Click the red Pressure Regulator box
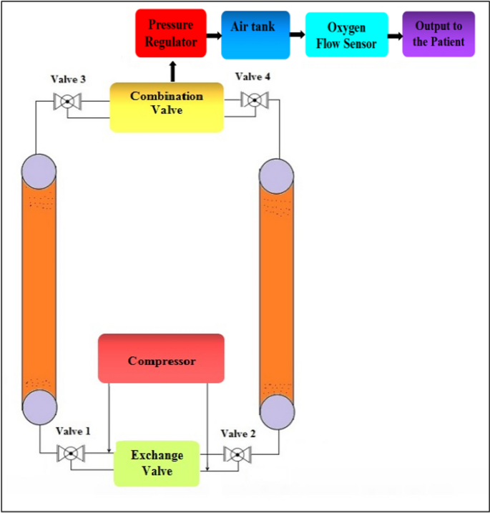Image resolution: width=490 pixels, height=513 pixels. (171, 34)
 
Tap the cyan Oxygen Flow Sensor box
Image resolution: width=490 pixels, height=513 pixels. (347, 35)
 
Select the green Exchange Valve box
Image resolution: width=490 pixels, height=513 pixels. (157, 464)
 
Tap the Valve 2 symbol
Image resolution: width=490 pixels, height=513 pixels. (234, 454)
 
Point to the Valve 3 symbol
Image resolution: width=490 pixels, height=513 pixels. (67, 102)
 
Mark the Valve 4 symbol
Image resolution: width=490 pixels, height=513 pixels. (253, 100)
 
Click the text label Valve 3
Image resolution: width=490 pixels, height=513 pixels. (69, 79)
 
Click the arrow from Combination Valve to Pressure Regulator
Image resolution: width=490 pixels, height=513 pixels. (172, 72)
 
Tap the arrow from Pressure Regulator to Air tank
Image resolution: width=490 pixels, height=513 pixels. (214, 34)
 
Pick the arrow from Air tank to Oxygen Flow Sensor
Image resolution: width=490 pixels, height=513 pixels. (298, 34)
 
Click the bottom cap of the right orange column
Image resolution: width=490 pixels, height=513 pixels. (277, 411)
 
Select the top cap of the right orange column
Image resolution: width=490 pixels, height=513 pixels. (277, 175)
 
